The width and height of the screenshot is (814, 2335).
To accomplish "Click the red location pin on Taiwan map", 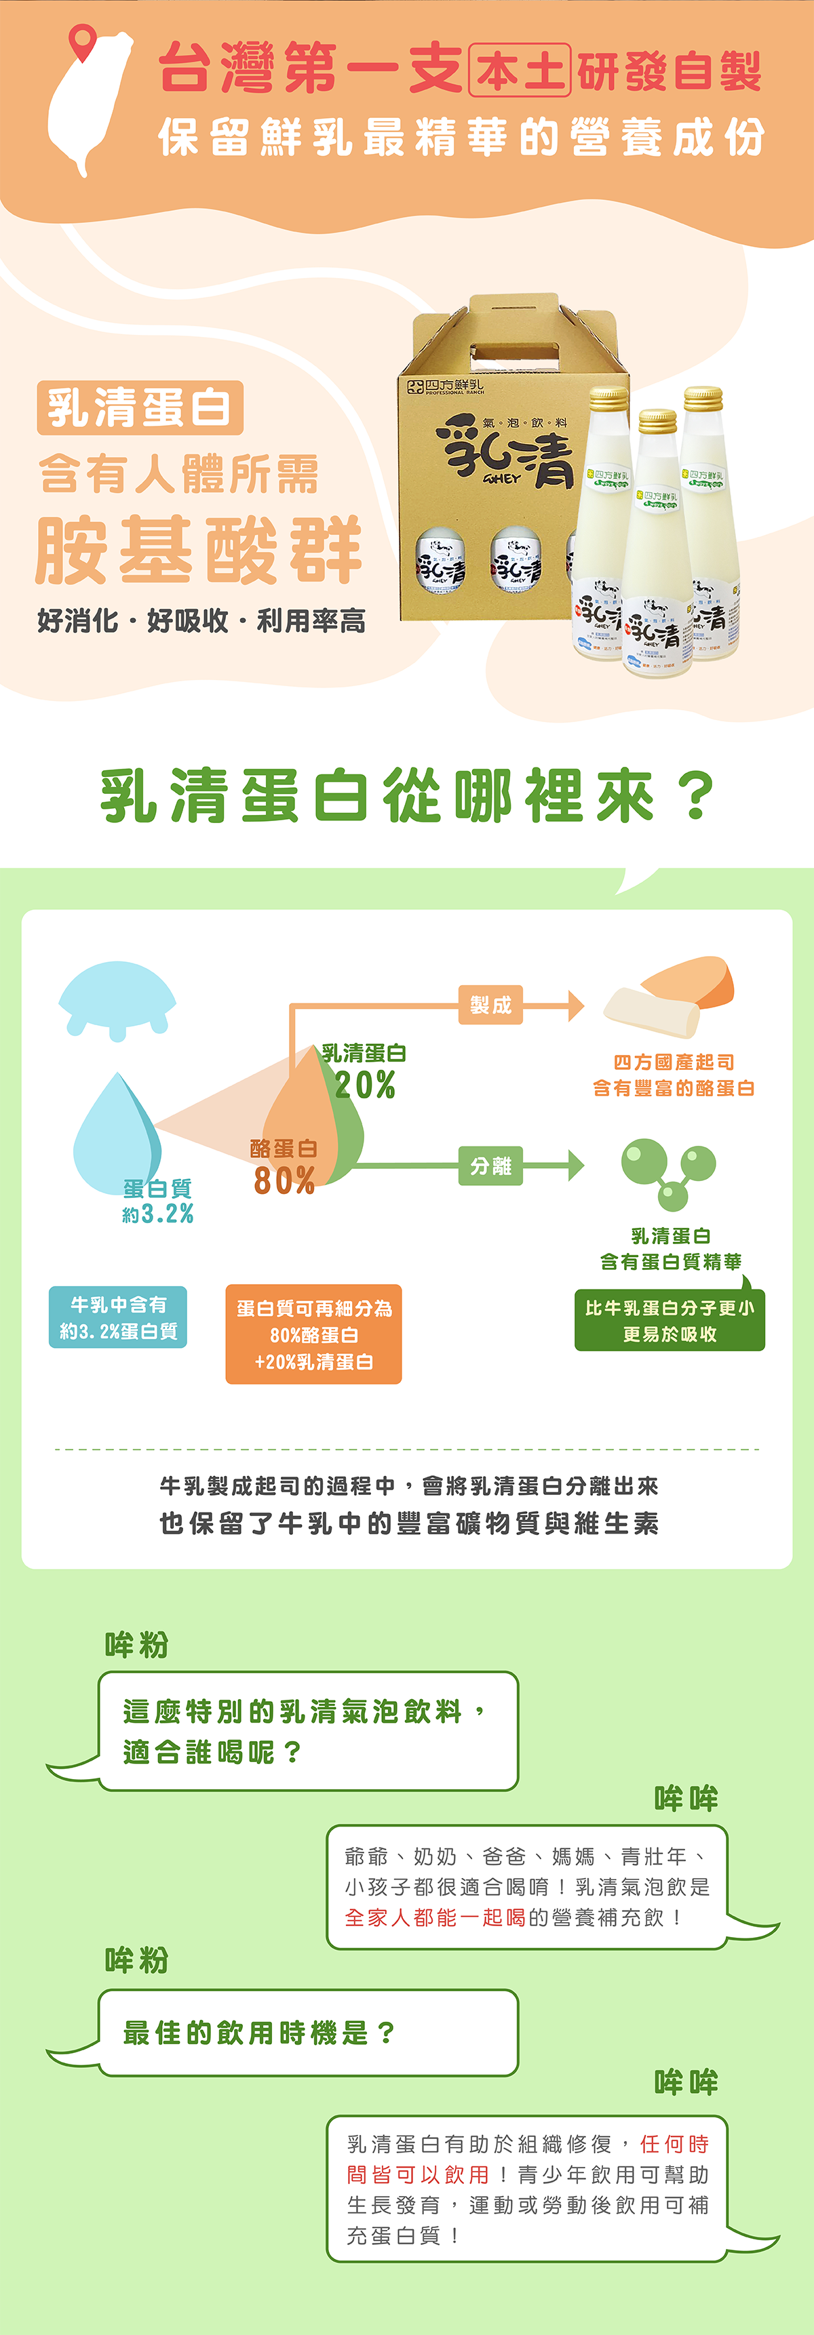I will tap(83, 40).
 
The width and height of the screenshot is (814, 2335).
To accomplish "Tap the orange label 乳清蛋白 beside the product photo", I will tap(140, 408).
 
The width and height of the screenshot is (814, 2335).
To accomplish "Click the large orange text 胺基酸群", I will tap(199, 551).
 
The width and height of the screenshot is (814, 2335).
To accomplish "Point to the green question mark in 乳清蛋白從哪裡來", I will tap(695, 796).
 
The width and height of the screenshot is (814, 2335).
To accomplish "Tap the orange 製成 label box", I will tap(490, 1005).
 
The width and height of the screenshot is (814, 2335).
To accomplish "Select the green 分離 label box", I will tap(490, 1165).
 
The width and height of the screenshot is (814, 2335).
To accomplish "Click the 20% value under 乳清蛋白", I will tap(364, 1085).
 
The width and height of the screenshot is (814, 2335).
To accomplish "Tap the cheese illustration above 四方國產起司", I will tap(671, 995).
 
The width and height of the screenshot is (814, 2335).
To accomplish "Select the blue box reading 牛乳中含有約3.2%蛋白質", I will tap(118, 1317).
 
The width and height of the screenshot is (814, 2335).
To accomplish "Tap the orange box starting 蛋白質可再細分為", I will tap(313, 1334).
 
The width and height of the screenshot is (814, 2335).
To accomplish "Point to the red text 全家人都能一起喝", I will tap(435, 1917).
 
